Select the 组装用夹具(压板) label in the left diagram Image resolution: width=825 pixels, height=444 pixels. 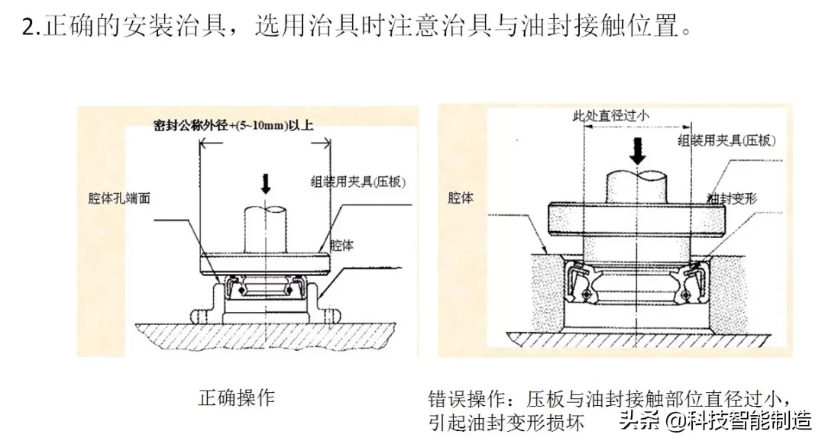tap(357, 182)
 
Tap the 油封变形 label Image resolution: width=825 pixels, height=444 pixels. tap(731, 198)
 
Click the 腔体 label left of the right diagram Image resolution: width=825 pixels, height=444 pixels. tap(461, 198)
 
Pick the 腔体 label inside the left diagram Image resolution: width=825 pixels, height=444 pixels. tap(341, 246)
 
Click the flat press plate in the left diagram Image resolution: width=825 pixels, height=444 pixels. tap(264, 264)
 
